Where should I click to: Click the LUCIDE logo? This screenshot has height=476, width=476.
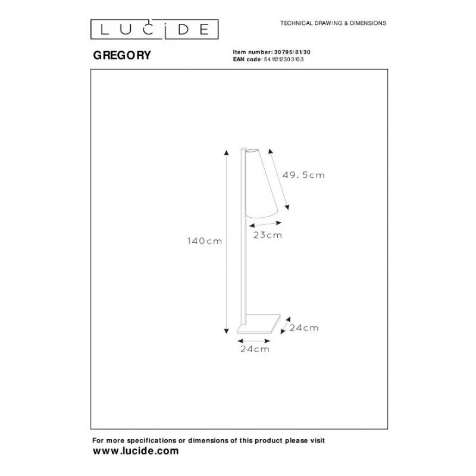point(154,29)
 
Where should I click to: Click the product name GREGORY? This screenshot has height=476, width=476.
point(122,55)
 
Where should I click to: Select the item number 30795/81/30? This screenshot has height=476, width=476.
point(292,52)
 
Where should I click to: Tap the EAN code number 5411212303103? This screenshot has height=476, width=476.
point(284,59)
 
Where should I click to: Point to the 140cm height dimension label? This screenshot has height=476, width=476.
point(205,241)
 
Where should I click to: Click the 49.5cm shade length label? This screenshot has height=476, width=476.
point(303,175)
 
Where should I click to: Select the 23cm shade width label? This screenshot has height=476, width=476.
point(267,235)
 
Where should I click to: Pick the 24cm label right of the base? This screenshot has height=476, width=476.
point(304,328)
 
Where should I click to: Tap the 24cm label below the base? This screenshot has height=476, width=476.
point(255,349)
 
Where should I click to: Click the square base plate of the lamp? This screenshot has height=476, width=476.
point(259,324)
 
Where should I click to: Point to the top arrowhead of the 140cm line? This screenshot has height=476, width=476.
point(226,152)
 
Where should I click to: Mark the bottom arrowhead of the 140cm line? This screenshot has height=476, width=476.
point(226,331)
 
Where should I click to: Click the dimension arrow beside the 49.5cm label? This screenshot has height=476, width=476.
point(278,179)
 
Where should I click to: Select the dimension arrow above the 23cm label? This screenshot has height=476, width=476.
point(265,224)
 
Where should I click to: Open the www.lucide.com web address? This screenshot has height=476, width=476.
point(136,451)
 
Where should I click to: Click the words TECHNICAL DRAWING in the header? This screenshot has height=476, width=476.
point(311,23)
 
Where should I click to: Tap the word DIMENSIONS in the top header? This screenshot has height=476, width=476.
point(368,23)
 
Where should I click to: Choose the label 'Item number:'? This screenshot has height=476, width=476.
point(252,52)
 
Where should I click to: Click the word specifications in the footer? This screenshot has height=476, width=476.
point(152,440)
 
